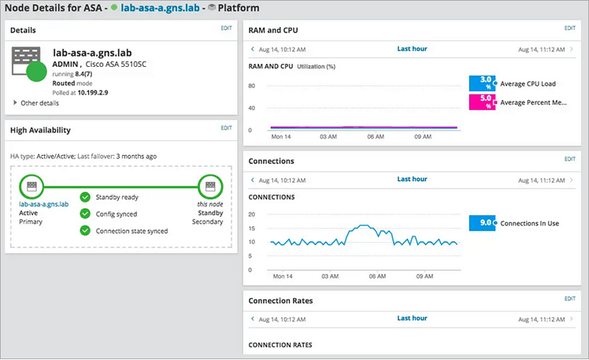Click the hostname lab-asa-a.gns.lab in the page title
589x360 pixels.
click(161, 7)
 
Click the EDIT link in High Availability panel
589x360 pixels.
click(226, 128)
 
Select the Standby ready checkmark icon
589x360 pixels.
click(85, 197)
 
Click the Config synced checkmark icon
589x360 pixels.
click(85, 213)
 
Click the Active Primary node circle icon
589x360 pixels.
click(32, 187)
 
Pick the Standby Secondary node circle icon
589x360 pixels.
click(210, 187)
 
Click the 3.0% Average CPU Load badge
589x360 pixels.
click(481, 84)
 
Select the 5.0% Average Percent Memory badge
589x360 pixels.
click(481, 102)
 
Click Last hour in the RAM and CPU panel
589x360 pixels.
click(412, 49)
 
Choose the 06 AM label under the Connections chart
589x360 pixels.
click(377, 277)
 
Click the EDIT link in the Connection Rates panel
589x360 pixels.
click(570, 299)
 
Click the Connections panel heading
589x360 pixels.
click(271, 161)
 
